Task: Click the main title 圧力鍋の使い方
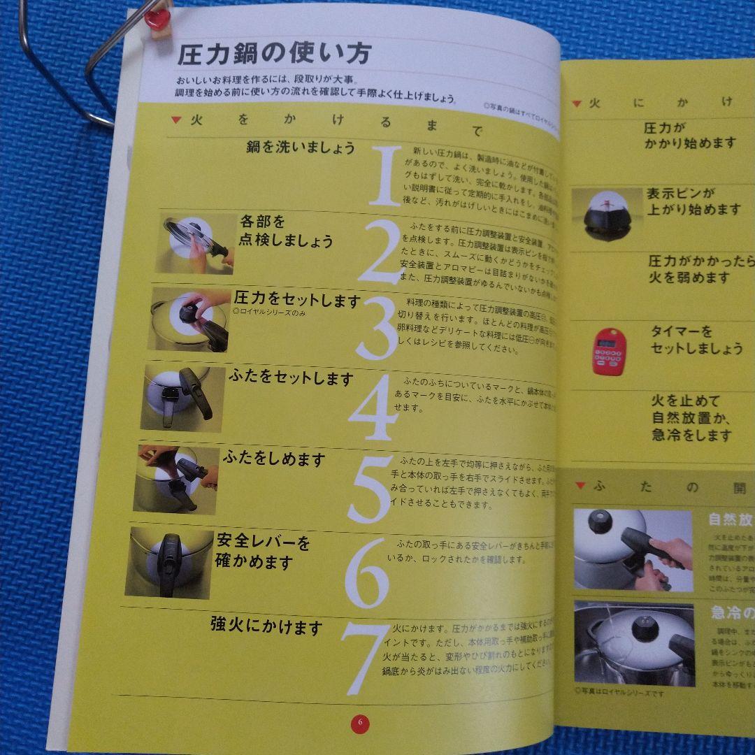click(x=273, y=54)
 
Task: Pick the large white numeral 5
click(x=371, y=489)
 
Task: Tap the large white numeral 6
click(x=366, y=573)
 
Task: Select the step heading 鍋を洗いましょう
click(x=300, y=148)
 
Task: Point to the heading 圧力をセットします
click(x=296, y=301)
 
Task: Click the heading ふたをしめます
click(x=274, y=459)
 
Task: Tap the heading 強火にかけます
click(x=266, y=626)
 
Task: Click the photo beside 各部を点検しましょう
click(x=198, y=244)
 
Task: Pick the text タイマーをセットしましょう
click(x=696, y=340)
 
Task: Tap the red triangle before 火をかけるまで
click(x=176, y=120)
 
